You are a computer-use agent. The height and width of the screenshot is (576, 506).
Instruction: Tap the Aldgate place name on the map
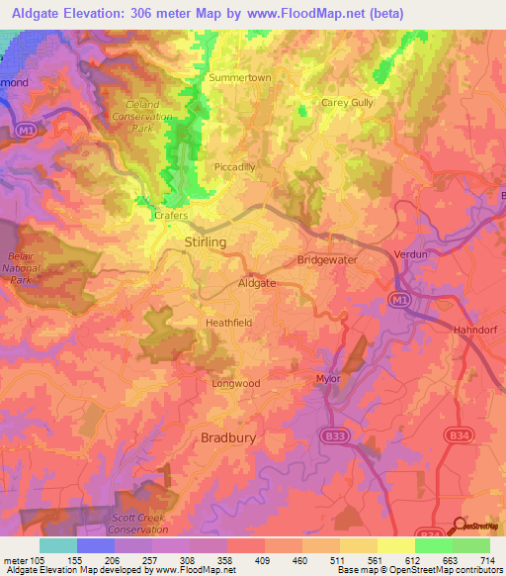tap(257, 283)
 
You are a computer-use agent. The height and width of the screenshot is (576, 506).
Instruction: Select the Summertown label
tap(239, 77)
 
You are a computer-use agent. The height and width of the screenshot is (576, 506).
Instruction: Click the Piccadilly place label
tap(234, 167)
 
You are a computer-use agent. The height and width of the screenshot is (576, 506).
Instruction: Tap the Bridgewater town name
tap(327, 259)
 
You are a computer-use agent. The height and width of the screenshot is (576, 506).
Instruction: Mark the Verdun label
tap(423, 251)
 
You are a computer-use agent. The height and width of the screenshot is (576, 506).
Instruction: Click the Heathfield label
tap(228, 323)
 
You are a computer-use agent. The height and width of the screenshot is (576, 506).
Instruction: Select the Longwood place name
tap(235, 383)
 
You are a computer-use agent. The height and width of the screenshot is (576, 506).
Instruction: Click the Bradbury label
tap(228, 436)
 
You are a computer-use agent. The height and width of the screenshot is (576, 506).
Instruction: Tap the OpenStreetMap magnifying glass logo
tap(461, 527)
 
